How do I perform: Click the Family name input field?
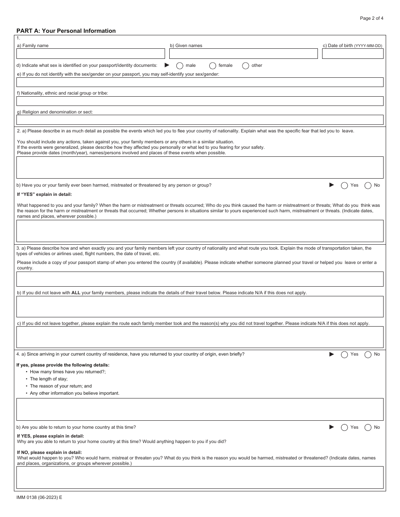coord(91,54)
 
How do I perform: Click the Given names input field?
coord(243,54)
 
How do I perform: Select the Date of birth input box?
coord(352,54)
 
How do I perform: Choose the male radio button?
coord(180,66)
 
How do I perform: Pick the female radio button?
coord(213,66)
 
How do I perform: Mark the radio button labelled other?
coord(246,66)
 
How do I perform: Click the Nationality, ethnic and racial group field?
coord(200,101)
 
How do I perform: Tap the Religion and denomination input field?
coord(200,120)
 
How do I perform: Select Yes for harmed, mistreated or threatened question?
coord(344,185)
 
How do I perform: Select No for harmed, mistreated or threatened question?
coord(368,185)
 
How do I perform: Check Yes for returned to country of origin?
coord(344,354)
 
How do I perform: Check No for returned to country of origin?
coord(368,354)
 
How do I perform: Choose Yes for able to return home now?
coord(344,427)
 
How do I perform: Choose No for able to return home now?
coord(368,427)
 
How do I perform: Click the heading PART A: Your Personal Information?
coord(66,31)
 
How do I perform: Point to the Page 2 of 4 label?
coord(371,18)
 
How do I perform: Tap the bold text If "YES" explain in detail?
coord(44,194)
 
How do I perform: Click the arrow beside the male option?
coord(167,65)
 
